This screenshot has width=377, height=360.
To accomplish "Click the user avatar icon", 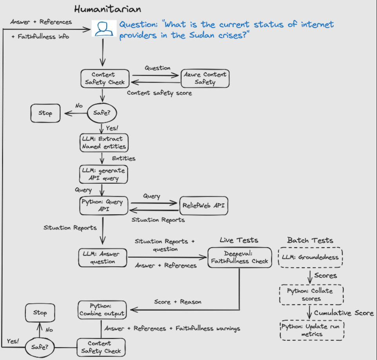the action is pyautogui.click(x=104, y=29).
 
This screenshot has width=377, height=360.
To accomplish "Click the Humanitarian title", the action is pyautogui.click(x=107, y=9).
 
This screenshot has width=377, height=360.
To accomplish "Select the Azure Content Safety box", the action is pyautogui.click(x=205, y=78).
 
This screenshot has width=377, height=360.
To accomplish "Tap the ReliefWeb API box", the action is pyautogui.click(x=204, y=206).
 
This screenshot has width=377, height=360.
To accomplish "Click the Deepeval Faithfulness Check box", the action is pyautogui.click(x=240, y=257).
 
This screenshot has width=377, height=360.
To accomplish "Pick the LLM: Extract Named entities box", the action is pyautogui.click(x=104, y=143).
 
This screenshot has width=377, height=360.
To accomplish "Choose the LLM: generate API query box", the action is pyautogui.click(x=103, y=174).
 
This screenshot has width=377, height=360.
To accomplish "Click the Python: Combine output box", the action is pyautogui.click(x=102, y=310).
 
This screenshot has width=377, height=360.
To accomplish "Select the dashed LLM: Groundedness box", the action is pyautogui.click(x=310, y=257).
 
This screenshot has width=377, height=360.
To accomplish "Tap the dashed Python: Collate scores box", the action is pyautogui.click(x=312, y=295).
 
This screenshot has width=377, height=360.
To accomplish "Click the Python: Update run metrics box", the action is pyautogui.click(x=312, y=330).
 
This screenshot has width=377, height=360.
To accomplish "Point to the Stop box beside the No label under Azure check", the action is pyautogui.click(x=45, y=113).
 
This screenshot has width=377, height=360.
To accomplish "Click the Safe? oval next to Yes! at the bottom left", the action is pyautogui.click(x=40, y=347).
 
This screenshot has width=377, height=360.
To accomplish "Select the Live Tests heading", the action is pyautogui.click(x=239, y=240).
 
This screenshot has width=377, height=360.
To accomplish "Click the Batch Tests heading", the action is pyautogui.click(x=310, y=240).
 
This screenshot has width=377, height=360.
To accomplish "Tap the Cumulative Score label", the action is pyautogui.click(x=344, y=313).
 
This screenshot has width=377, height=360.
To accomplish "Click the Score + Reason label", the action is pyautogui.click(x=178, y=302).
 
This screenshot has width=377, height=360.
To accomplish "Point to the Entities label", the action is pyautogui.click(x=123, y=158).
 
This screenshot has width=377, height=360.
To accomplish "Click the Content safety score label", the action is pyautogui.click(x=159, y=93).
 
